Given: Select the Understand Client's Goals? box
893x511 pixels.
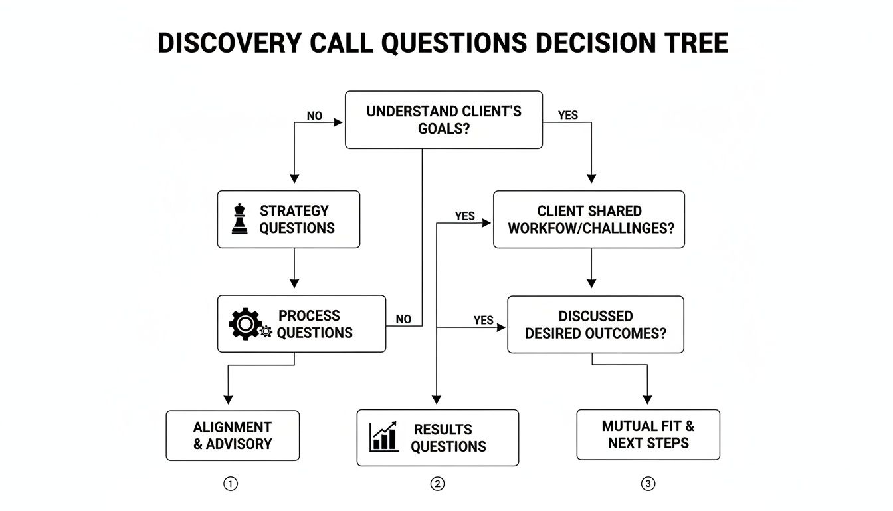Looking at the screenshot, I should click(443, 120).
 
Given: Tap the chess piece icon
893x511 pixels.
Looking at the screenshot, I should click(240, 220).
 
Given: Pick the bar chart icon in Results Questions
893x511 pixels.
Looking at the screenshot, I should click(384, 437).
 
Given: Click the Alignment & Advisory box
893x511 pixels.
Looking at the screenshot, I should click(233, 435).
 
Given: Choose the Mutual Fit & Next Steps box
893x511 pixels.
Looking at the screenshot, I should click(648, 434).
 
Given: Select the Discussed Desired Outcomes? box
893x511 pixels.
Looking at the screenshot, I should click(595, 324).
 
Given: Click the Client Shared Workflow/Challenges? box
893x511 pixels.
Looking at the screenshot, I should click(589, 220).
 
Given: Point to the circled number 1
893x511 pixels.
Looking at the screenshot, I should click(230, 484).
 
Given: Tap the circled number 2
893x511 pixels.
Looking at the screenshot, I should click(437, 484).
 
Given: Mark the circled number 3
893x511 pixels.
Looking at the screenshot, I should click(648, 484).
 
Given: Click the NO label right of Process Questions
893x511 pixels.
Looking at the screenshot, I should click(403, 319).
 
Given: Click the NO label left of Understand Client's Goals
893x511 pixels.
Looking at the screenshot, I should click(314, 116).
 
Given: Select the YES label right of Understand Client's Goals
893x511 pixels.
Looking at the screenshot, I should click(568, 116).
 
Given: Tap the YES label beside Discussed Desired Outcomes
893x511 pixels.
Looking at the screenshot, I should click(483, 320).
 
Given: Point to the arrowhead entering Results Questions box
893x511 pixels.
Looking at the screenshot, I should click(437, 401).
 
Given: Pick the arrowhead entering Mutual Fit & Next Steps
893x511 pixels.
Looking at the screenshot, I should click(647, 401).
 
